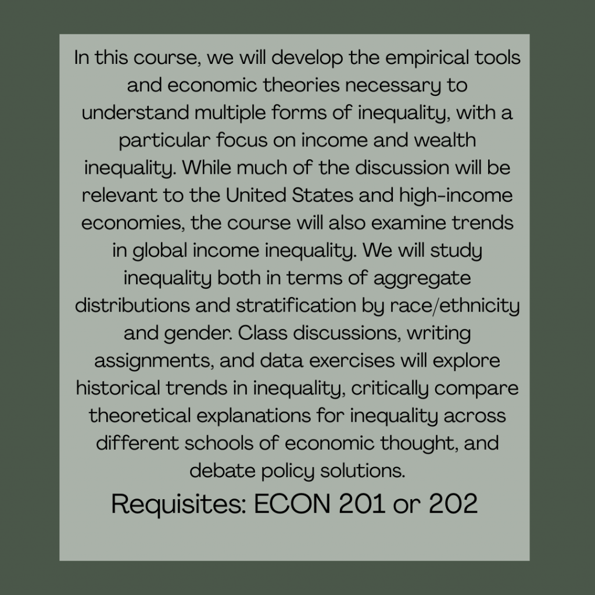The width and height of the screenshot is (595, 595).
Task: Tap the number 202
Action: [453, 504]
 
